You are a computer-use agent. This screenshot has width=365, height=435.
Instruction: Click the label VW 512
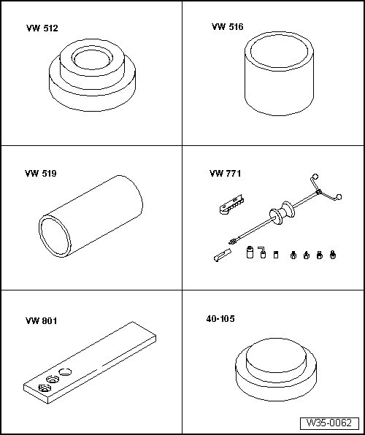[42, 28]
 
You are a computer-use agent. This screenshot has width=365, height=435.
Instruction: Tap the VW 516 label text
[227, 26]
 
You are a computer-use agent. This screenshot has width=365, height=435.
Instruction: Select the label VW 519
[41, 174]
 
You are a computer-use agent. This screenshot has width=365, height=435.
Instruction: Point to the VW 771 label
[225, 174]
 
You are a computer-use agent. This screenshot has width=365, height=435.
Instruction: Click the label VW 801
[42, 321]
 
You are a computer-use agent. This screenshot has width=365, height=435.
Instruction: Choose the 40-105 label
[220, 319]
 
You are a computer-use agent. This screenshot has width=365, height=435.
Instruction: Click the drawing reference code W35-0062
[329, 423]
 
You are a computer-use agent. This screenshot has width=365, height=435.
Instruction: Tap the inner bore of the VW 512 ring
[93, 59]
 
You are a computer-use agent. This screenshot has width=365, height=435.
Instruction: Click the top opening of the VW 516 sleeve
[280, 51]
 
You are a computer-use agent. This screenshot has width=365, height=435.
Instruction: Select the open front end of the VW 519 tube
[55, 236]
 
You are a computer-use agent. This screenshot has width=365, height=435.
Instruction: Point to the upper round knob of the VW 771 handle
[315, 177]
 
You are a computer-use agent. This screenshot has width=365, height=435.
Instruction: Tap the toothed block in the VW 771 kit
[231, 205]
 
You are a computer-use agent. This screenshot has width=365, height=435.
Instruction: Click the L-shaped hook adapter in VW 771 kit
[262, 253]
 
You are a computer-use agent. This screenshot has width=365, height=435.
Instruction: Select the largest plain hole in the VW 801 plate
[65, 372]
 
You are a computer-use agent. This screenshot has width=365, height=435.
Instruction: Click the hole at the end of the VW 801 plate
[45, 388]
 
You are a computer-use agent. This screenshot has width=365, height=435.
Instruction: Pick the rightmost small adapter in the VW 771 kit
[333, 255]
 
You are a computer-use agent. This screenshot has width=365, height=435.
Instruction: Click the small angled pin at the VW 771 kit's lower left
[223, 255]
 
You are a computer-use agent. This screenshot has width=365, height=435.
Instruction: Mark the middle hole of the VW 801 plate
[53, 379]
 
